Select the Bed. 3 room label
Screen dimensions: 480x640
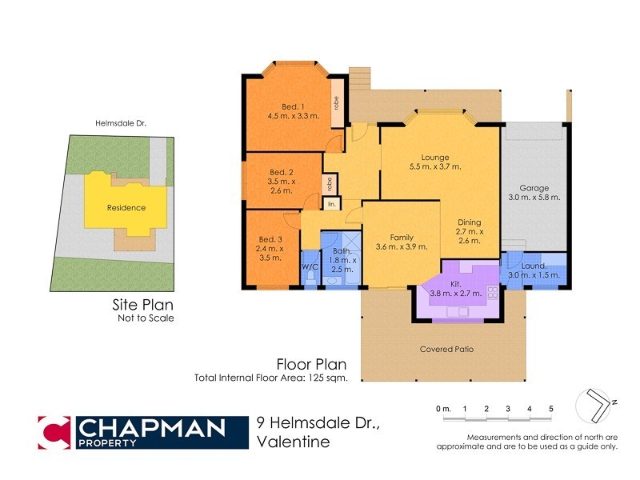(271, 247)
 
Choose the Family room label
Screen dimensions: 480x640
(402, 242)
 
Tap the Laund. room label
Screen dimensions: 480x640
(534, 270)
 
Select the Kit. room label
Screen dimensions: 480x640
(457, 289)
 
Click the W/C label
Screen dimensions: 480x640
(310, 266)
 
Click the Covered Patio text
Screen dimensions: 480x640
(447, 350)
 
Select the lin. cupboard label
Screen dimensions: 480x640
(332, 204)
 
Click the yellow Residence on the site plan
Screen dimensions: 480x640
(126, 207)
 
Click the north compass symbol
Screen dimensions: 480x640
(596, 403)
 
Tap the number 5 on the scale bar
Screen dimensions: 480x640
(550, 409)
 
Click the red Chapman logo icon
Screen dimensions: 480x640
(55, 432)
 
